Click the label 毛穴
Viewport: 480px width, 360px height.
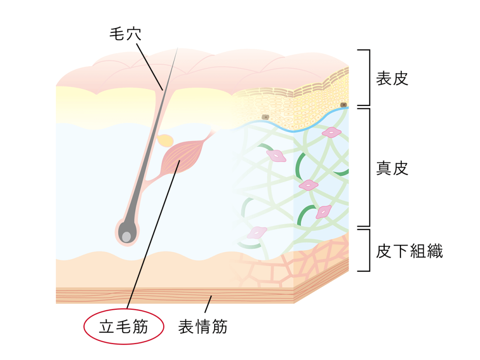click(x=126, y=34)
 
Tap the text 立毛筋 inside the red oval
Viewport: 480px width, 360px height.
click(x=124, y=327)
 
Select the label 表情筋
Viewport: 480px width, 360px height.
click(x=202, y=327)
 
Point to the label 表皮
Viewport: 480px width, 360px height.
click(x=392, y=78)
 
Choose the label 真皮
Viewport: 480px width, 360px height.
click(x=392, y=168)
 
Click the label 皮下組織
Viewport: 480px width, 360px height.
click(x=409, y=251)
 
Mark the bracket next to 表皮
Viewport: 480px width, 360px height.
click(x=369, y=77)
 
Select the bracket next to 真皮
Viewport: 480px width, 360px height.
click(x=369, y=167)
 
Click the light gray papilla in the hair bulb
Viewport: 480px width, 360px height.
click(x=127, y=236)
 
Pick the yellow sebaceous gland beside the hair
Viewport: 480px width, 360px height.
click(x=165, y=140)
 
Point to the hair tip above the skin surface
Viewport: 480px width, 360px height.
click(x=178, y=48)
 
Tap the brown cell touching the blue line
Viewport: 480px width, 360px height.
click(x=344, y=105)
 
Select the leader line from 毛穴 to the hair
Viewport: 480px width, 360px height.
click(x=150, y=67)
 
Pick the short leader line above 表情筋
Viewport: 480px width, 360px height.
click(x=208, y=304)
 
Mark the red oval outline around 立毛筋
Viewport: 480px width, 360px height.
click(x=124, y=309)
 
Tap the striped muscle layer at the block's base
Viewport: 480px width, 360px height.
click(x=174, y=295)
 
